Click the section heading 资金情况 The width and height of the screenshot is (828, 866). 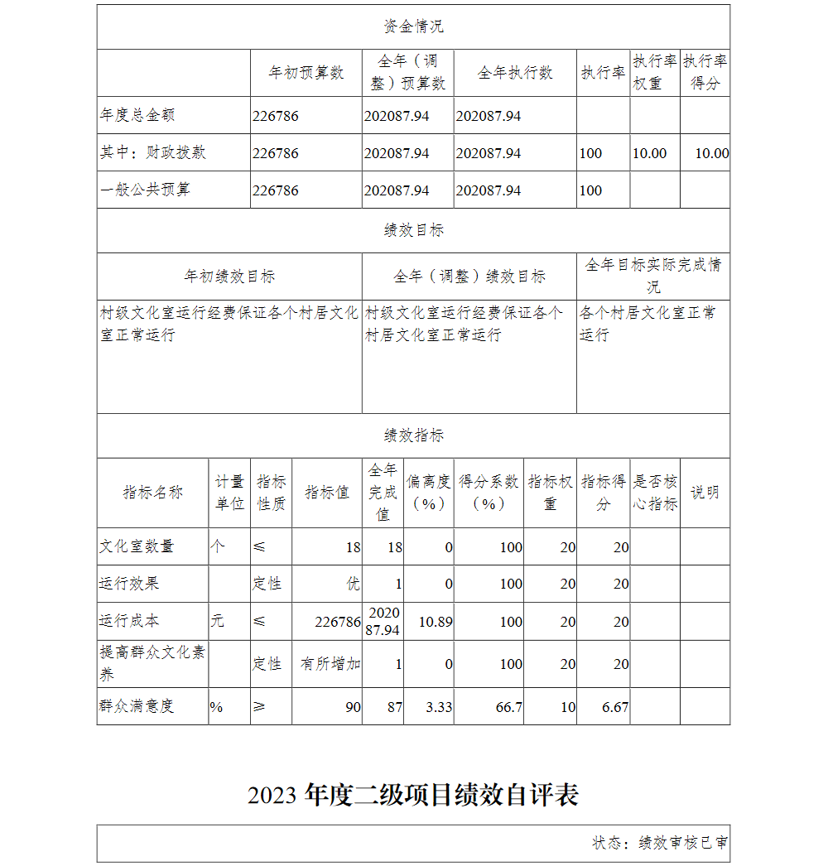click(413, 26)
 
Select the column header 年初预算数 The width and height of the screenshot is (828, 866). click(306, 73)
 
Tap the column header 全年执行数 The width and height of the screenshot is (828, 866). click(515, 73)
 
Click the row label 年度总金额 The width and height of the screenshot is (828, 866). click(137, 116)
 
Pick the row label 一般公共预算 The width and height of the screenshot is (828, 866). click(146, 190)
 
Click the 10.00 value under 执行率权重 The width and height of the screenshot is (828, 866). click(649, 153)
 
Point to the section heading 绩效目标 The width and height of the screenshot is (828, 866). click(413, 230)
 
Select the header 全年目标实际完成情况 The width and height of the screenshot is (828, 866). click(653, 276)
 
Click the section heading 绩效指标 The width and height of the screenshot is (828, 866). click(413, 435)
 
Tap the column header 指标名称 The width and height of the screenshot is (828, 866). click(153, 493)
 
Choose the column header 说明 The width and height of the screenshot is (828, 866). click(705, 493)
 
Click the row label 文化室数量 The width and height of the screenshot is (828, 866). click(137, 546)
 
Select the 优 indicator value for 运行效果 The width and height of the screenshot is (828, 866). click(354, 584)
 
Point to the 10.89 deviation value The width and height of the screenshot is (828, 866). click(436, 621)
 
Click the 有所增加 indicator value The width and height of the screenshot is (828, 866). click(330, 664)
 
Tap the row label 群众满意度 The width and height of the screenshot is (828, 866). click(137, 706)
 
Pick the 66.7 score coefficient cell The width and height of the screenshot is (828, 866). click(507, 707)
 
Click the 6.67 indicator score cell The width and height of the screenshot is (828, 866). click(615, 707)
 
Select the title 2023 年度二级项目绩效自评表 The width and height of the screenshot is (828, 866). click(413, 795)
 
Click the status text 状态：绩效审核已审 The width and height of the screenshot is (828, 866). click(660, 843)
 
